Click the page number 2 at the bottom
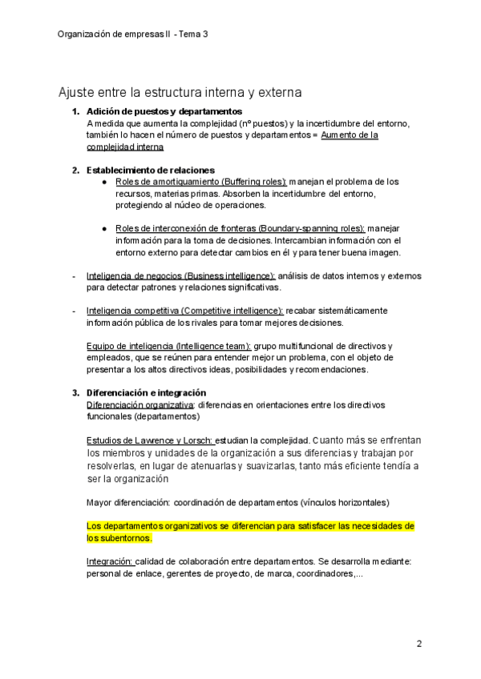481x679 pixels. (x=418, y=643)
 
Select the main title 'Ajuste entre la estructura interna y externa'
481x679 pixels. (x=180, y=93)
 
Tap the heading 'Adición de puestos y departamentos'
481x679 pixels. (x=164, y=111)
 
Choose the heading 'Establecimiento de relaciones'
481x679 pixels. (x=150, y=170)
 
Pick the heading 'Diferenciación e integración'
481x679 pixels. (x=146, y=392)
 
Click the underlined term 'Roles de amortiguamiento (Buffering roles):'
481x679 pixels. (x=200, y=182)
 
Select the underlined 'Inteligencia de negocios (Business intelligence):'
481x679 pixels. (x=180, y=275)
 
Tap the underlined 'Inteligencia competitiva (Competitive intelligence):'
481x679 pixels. (x=184, y=311)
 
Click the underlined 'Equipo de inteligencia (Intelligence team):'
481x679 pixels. (x=168, y=346)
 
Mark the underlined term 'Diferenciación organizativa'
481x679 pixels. (x=139, y=404)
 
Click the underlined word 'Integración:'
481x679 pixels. (x=110, y=562)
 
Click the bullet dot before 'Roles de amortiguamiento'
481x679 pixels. (x=105, y=182)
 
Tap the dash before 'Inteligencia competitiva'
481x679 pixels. (x=75, y=311)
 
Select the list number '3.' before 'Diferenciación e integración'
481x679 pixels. (x=76, y=392)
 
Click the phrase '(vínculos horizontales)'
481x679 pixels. (x=345, y=502)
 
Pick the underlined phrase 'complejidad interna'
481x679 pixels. (x=124, y=147)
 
